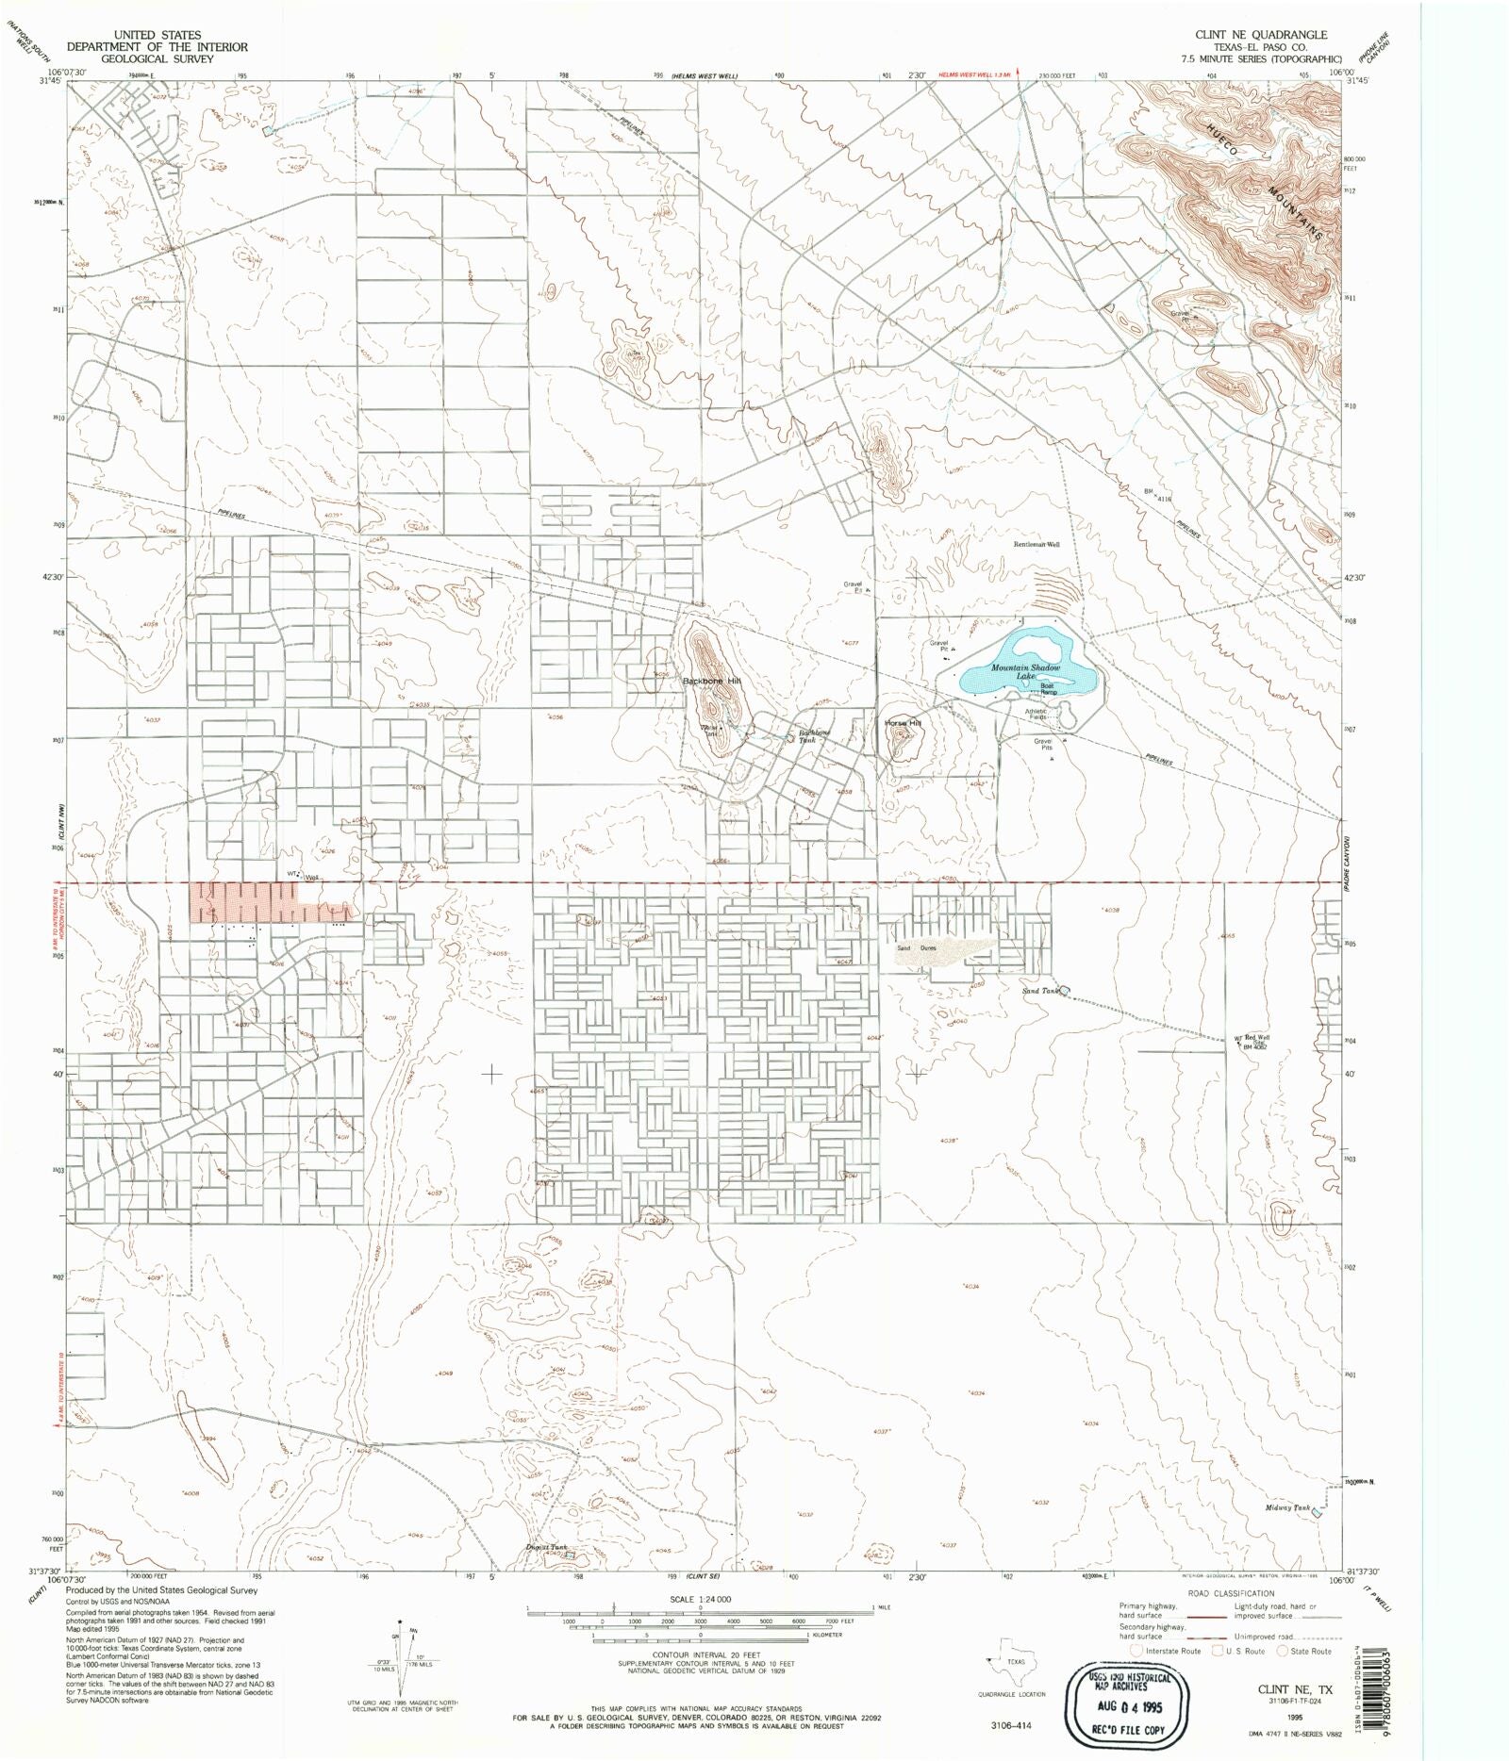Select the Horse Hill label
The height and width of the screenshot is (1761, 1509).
(902, 723)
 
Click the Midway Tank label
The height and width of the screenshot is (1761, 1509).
(1287, 1535)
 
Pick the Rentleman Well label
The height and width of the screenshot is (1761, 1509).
(1036, 545)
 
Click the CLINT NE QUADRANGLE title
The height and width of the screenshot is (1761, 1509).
(1261, 35)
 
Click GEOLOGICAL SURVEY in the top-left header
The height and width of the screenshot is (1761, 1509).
(156, 58)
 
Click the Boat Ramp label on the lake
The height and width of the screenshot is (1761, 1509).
(1049, 689)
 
